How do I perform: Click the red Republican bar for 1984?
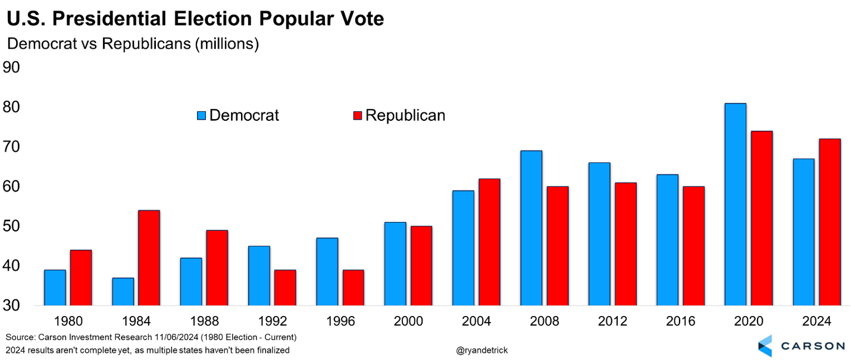(x=149, y=258)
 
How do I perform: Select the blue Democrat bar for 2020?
(x=736, y=204)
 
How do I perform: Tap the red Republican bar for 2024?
(x=830, y=222)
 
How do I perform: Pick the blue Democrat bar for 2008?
(x=531, y=228)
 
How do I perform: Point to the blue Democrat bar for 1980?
(x=55, y=287)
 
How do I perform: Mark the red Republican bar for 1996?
(x=353, y=287)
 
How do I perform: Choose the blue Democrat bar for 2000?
(x=395, y=264)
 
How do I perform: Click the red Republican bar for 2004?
(x=489, y=242)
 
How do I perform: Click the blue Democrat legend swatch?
(x=202, y=115)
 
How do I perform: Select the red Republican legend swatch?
(x=358, y=115)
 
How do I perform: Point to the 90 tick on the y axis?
(x=12, y=67)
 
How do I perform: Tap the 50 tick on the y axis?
(x=12, y=226)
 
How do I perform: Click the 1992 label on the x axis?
(x=272, y=322)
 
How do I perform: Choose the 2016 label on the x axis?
(x=680, y=322)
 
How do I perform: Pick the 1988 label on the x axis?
(x=204, y=322)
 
